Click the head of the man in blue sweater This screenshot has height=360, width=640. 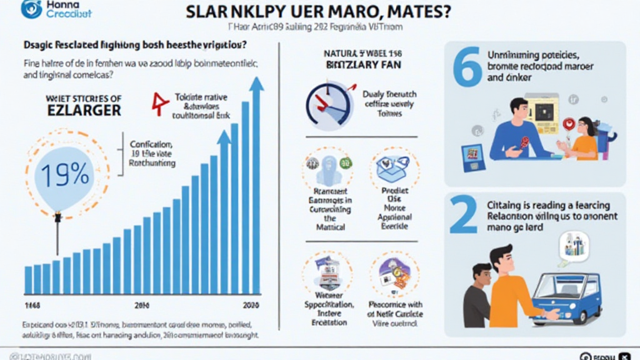(x=519, y=111)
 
